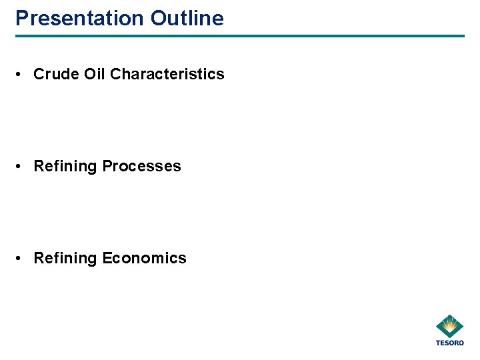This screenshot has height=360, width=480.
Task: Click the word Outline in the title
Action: pyautogui.click(x=187, y=18)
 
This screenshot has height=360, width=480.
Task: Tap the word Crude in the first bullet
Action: pyautogui.click(x=56, y=74)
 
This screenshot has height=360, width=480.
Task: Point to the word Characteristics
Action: pyautogui.click(x=167, y=74)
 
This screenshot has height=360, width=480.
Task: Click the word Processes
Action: pyautogui.click(x=141, y=166)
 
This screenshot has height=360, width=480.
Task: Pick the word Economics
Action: pyautogui.click(x=144, y=258)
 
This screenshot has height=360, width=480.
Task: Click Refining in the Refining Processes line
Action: pyautogui.click(x=65, y=166)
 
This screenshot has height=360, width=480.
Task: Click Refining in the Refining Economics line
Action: pyautogui.click(x=65, y=258)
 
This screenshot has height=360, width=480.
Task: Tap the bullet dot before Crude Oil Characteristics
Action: pyautogui.click(x=23, y=75)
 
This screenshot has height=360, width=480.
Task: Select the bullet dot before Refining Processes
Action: pyautogui.click(x=23, y=167)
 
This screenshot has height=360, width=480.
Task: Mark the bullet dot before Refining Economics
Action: pyautogui.click(x=23, y=259)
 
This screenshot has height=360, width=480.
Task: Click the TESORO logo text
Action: pyautogui.click(x=449, y=343)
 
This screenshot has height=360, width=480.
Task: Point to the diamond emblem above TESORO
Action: pyautogui.click(x=450, y=327)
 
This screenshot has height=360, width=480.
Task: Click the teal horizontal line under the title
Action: pyautogui.click(x=240, y=36)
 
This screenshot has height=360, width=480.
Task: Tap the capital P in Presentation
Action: pyautogui.click(x=21, y=18)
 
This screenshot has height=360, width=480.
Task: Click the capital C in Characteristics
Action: pyautogui.click(x=115, y=74)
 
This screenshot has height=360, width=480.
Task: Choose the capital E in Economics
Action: pyautogui.click(x=107, y=258)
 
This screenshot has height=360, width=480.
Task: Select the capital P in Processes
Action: pyautogui.click(x=107, y=166)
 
